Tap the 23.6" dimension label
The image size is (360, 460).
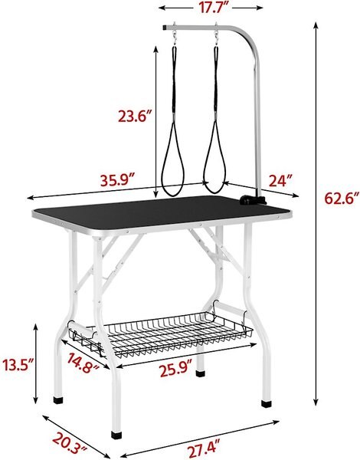(136, 117)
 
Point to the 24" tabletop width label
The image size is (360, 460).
(280, 181)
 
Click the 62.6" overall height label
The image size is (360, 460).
(339, 199)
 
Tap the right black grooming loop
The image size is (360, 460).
(214, 153)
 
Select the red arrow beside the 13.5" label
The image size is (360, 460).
(37, 364)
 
